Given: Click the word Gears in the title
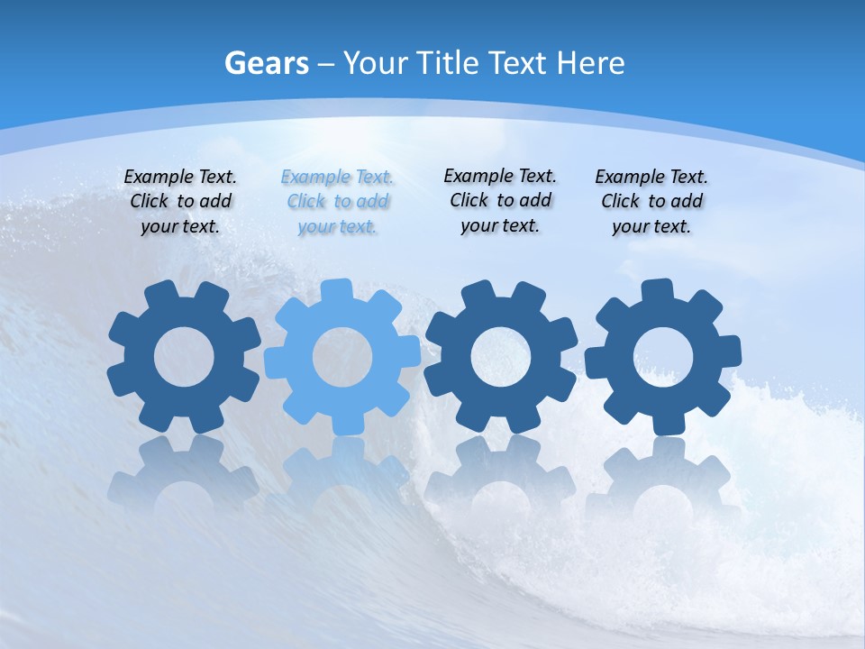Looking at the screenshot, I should click(x=266, y=63).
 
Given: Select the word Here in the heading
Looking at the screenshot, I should click(x=590, y=63).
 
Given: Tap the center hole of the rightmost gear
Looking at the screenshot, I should click(x=663, y=357).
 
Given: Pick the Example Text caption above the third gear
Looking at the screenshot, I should click(x=500, y=200).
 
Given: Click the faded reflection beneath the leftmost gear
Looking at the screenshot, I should click(x=184, y=473).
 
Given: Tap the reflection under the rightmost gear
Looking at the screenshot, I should click(x=663, y=473).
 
